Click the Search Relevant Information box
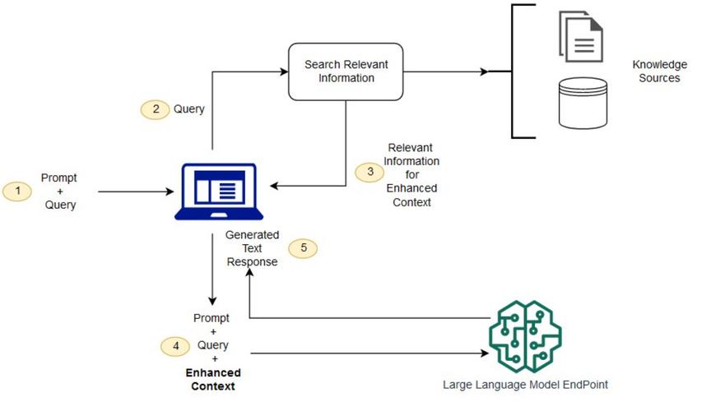(x=345, y=72)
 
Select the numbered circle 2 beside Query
(x=155, y=109)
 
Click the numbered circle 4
(x=174, y=346)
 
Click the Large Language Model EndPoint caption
(x=525, y=384)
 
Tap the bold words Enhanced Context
(x=212, y=380)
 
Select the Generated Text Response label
(x=251, y=248)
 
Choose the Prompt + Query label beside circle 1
(x=60, y=191)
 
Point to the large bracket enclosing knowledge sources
(x=514, y=72)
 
